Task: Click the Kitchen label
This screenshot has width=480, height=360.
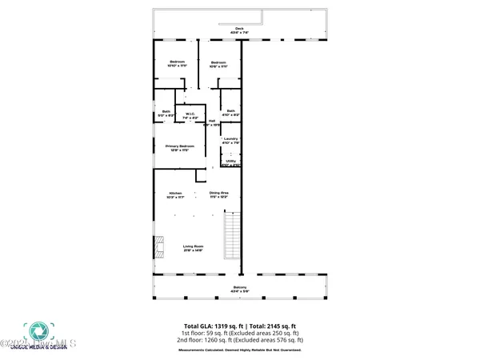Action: coord(175,194)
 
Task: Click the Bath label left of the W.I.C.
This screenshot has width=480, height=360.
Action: coord(166,113)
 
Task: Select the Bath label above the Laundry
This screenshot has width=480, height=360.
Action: coord(230,113)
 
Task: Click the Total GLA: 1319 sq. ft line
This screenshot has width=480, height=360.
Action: coord(239,326)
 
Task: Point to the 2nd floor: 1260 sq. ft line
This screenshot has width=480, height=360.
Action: coord(239,341)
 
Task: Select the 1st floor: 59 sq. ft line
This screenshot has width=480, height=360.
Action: coord(239,334)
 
